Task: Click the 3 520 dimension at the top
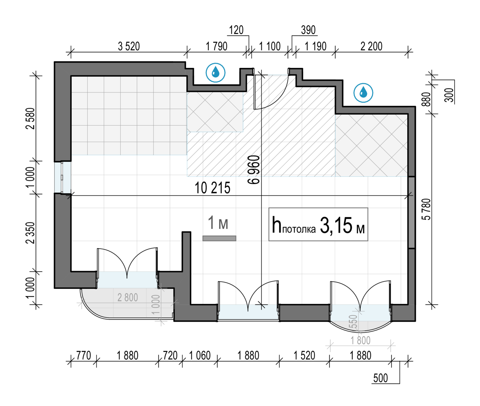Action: (129, 46)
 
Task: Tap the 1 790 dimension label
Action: (216, 46)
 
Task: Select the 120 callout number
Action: (236, 30)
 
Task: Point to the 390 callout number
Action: (308, 30)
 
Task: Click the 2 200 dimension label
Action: (371, 46)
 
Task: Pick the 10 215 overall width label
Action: (212, 188)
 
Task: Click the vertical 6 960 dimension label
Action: (254, 170)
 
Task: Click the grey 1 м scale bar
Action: (219, 238)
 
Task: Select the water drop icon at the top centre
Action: (216, 72)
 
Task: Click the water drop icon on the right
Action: (363, 93)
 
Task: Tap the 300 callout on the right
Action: (450, 95)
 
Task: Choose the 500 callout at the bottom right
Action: (380, 378)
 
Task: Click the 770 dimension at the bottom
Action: (84, 355)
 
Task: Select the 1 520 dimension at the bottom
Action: (304, 355)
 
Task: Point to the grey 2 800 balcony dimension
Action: (128, 298)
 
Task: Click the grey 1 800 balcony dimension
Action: (360, 340)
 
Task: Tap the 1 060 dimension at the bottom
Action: (200, 355)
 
